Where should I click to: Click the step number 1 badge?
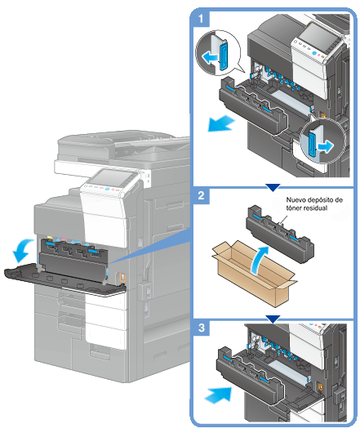(201, 19)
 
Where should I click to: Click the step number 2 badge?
(201, 195)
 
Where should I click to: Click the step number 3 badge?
(202, 328)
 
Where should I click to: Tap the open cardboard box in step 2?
(255, 274)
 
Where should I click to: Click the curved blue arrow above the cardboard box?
(260, 260)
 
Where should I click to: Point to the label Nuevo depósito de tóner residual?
(314, 203)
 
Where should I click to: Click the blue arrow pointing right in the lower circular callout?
(326, 145)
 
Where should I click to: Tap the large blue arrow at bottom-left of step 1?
(221, 123)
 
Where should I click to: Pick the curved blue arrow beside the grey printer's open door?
(23, 250)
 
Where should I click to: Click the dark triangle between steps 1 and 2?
(273, 187)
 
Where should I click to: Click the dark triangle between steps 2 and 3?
(273, 319)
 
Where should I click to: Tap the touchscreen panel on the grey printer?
(113, 177)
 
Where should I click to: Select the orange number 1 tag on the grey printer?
(122, 277)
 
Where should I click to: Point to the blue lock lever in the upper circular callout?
(223, 54)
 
